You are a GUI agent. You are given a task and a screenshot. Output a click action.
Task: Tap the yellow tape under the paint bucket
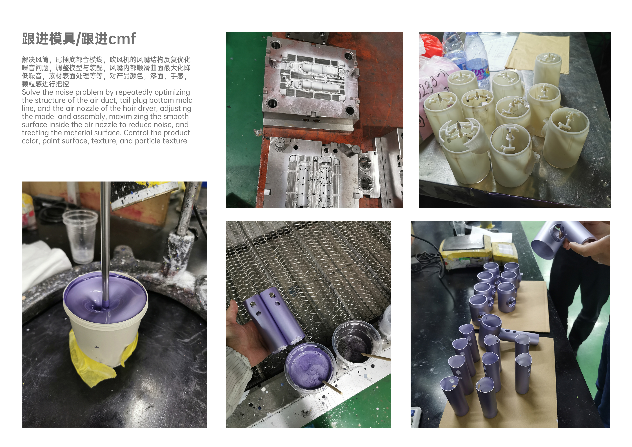[91, 364]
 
